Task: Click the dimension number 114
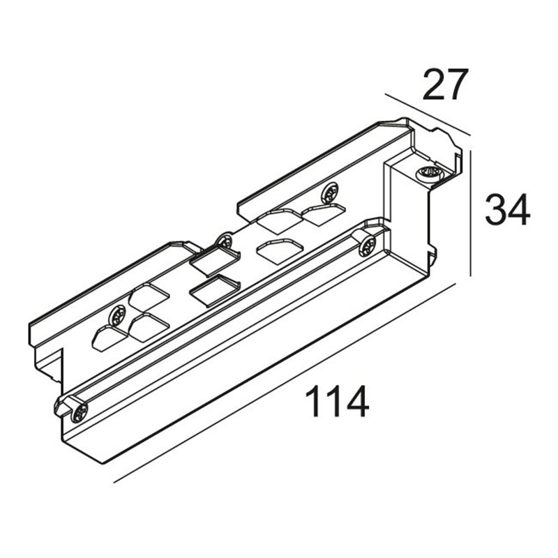click(x=336, y=402)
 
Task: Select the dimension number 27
click(x=444, y=84)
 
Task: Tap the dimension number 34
click(x=508, y=211)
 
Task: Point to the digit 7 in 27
click(x=456, y=84)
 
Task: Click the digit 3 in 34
click(x=496, y=211)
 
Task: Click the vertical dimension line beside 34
click(x=470, y=213)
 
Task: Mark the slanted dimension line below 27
click(x=428, y=114)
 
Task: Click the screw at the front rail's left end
click(x=79, y=413)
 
